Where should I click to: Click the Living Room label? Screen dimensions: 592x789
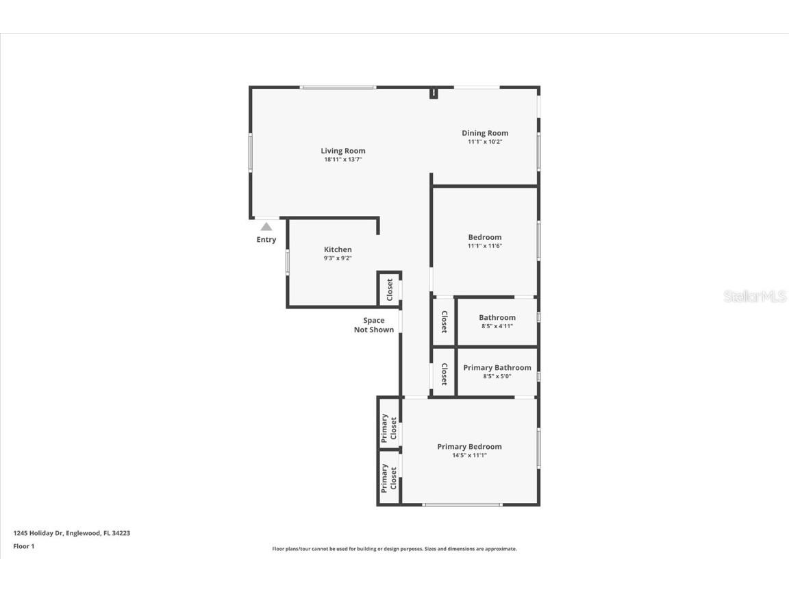point(343,151)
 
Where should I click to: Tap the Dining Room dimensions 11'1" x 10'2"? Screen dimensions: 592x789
point(485,142)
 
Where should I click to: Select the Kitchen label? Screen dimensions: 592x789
point(338,249)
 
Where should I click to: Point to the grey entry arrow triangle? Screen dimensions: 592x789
point(266,226)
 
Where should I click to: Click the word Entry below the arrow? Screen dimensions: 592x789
point(266,240)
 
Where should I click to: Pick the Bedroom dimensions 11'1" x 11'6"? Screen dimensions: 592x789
point(485,246)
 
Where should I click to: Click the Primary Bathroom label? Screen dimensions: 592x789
point(497,368)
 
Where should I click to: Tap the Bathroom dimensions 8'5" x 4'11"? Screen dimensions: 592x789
point(497,326)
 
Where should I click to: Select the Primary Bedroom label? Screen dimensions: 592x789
point(469,447)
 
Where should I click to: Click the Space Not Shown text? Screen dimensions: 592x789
point(374,325)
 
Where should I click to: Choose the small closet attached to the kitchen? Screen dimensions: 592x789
point(390,289)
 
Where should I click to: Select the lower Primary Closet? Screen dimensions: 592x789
point(389,478)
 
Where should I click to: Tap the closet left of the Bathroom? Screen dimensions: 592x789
point(444,321)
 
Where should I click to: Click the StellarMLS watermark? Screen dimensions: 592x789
point(755,297)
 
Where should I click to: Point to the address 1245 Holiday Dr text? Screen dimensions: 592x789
point(72,532)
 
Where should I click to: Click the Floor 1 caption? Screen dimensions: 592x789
point(23,546)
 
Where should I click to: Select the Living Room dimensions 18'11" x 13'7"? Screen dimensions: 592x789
point(343,160)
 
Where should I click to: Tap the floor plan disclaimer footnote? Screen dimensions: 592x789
point(394,549)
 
